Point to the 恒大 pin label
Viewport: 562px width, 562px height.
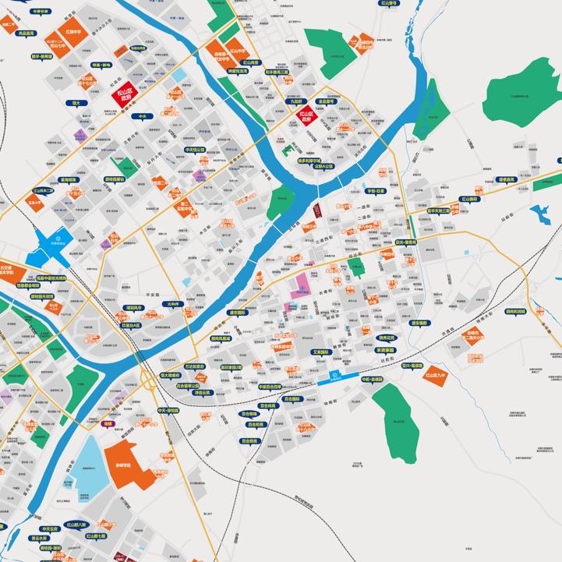point(76,103)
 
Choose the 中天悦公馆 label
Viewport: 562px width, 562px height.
point(194,149)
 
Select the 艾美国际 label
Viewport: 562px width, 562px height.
point(321,352)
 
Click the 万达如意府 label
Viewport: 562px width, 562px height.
point(194,366)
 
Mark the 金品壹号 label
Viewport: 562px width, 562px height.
point(325,101)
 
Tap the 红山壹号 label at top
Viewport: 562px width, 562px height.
point(388,4)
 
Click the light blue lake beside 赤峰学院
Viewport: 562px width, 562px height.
point(92,468)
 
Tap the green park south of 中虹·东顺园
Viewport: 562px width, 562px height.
point(400,413)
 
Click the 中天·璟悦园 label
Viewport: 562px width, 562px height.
point(168,410)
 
